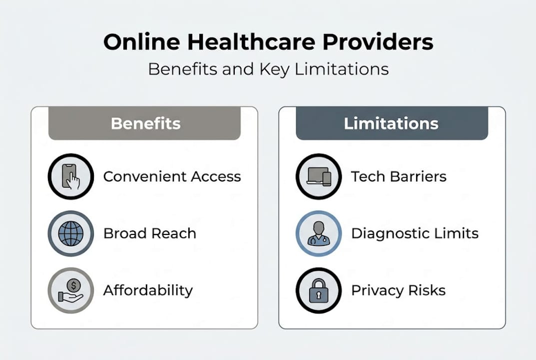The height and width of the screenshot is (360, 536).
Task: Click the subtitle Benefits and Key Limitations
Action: [268, 68]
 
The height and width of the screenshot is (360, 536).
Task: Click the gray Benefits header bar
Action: [145, 123]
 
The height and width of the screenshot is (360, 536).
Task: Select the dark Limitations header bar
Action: [392, 123]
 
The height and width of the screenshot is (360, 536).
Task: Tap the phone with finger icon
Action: [71, 176]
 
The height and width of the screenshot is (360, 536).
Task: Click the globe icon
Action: [71, 233]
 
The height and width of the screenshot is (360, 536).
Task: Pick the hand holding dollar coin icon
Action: [71, 290]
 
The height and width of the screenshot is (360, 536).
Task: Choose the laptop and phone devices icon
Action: [319, 176]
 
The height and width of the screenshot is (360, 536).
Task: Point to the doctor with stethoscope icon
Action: [319, 233]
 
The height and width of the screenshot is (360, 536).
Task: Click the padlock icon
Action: [319, 290]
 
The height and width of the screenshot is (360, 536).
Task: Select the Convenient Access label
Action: [172, 176]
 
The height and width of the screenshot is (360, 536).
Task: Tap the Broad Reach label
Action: [149, 233]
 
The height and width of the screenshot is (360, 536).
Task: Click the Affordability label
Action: [148, 290]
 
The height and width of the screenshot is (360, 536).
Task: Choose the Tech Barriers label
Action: [399, 176]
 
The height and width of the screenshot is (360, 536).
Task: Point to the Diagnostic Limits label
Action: [415, 233]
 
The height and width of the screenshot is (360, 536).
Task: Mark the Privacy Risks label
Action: [398, 290]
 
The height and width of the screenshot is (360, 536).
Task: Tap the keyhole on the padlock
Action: [319, 295]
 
